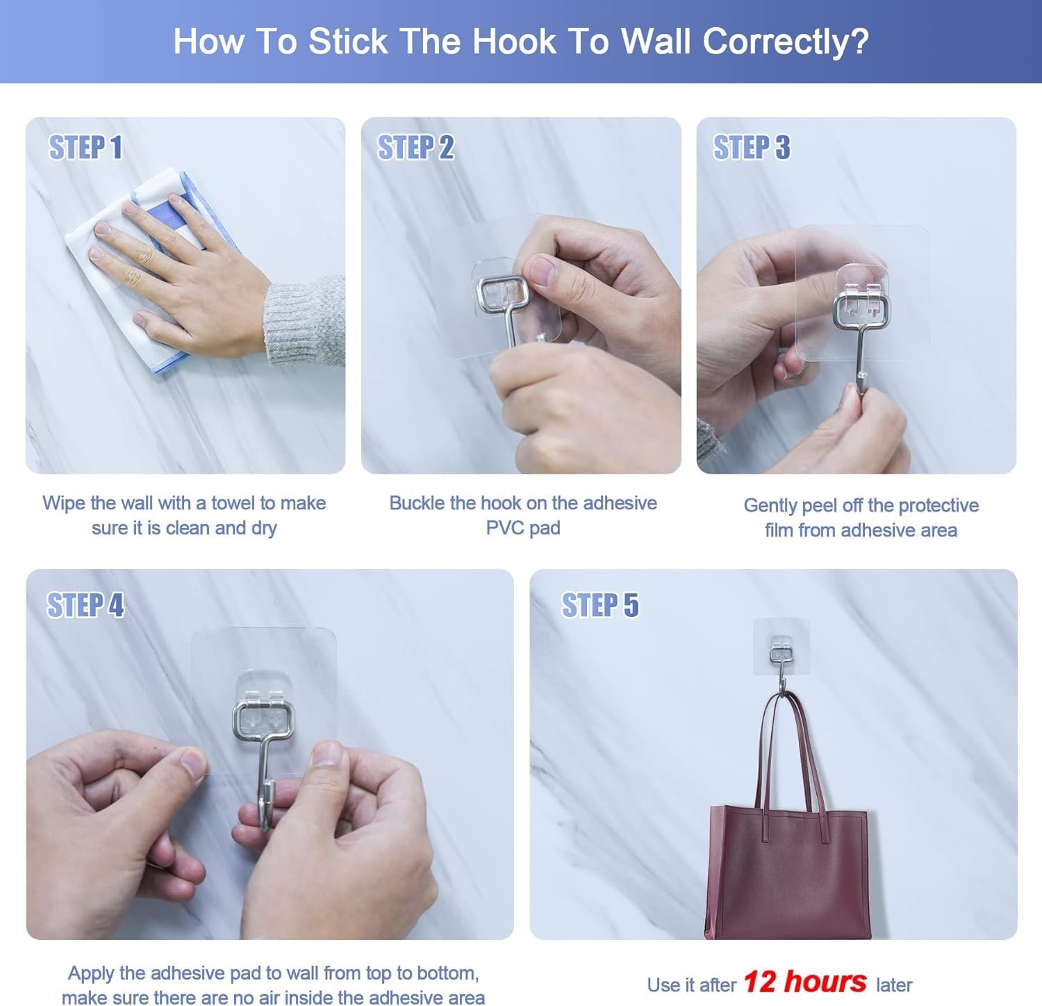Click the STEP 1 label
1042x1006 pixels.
tap(85, 147)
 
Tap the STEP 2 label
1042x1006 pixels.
tap(415, 147)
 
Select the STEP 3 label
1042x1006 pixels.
tap(752, 147)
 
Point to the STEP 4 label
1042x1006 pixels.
tap(85, 604)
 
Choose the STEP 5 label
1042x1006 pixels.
tap(600, 604)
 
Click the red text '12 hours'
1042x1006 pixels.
tap(804, 982)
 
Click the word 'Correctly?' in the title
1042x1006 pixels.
tap(786, 41)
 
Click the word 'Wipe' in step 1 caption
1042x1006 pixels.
tap(64, 502)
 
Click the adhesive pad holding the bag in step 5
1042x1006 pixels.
tap(781, 646)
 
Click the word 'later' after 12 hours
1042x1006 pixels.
tap(894, 985)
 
